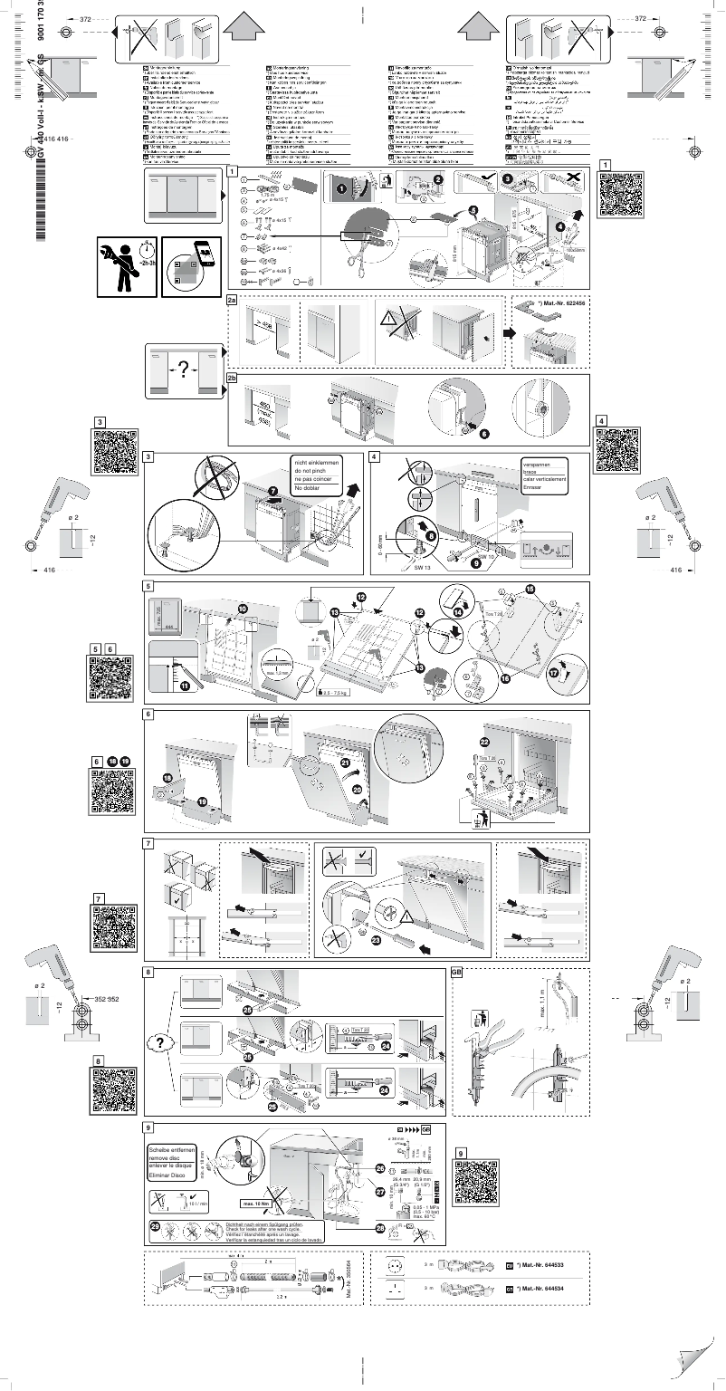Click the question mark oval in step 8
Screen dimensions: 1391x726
(159, 1042)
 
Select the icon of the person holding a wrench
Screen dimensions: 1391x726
(124, 265)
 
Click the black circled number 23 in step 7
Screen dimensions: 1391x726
(374, 939)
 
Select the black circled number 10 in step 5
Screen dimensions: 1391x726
(243, 609)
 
